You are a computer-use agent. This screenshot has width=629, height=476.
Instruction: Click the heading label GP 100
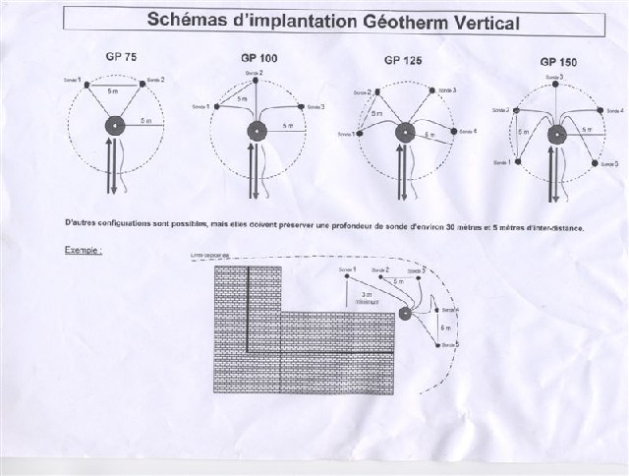coord(258,58)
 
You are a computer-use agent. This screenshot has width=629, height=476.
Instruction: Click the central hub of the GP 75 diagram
coord(115,126)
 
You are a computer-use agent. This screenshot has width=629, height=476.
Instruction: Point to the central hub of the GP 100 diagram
coord(258,131)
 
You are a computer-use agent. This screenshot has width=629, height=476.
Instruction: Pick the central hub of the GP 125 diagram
coord(405,133)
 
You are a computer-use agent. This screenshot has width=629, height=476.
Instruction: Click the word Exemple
coord(83,250)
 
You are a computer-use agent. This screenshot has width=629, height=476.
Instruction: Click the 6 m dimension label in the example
coord(445,327)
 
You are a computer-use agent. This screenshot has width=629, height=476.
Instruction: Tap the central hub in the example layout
coord(405,315)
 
